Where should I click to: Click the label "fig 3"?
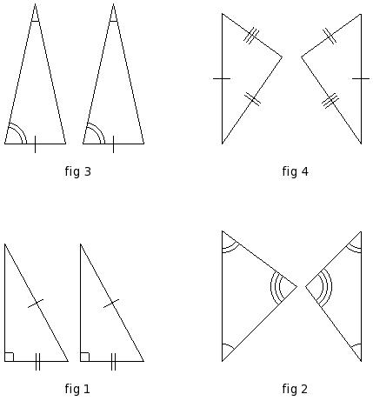(x=78, y=171)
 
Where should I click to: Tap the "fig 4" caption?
(x=295, y=171)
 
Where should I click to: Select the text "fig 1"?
(x=77, y=389)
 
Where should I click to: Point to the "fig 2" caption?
(x=295, y=389)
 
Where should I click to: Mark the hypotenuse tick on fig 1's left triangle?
(x=36, y=304)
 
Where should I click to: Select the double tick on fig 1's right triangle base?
(x=113, y=362)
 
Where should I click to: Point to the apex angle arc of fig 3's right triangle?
(x=113, y=21)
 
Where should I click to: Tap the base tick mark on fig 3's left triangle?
(x=35, y=144)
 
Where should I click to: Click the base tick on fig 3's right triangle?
(x=113, y=144)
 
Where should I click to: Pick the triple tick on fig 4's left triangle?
(x=251, y=36)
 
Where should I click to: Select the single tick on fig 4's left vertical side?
(x=222, y=78)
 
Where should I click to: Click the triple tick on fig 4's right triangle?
(x=330, y=101)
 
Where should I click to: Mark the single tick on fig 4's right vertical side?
(x=361, y=78)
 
